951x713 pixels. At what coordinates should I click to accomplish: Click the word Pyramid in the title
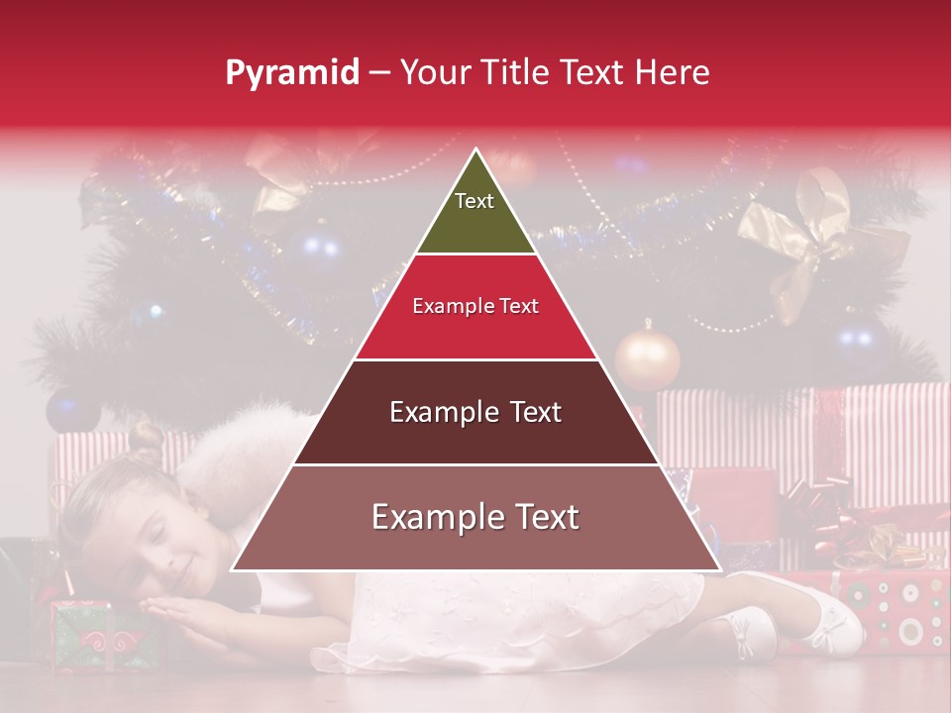[x=292, y=73]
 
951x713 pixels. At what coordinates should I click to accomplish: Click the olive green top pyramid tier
[x=475, y=213]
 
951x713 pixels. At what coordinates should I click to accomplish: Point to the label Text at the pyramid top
[x=475, y=201]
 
